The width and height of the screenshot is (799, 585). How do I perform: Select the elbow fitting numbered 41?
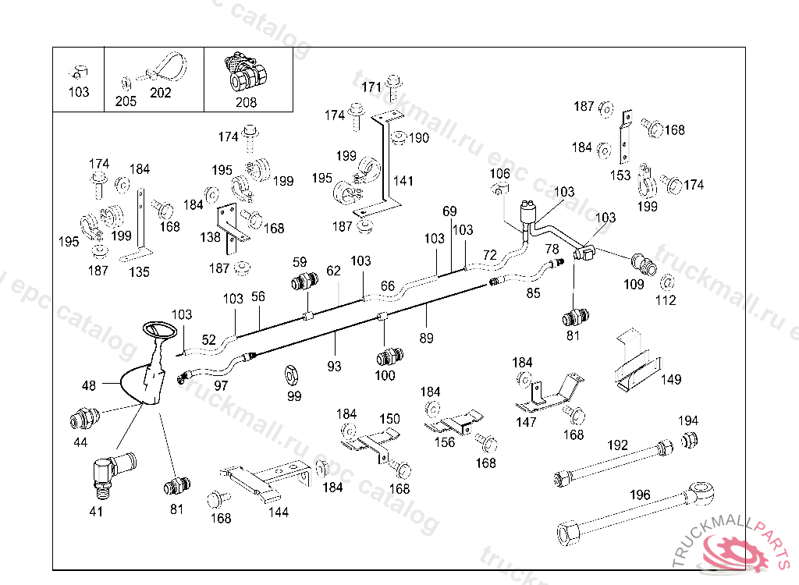click(x=103, y=472)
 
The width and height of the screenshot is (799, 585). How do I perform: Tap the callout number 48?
click(x=89, y=385)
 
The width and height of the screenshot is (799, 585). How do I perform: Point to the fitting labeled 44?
click(x=81, y=419)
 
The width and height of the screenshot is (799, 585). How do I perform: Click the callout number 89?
click(x=426, y=338)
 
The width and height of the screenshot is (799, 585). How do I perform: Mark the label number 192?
click(x=617, y=445)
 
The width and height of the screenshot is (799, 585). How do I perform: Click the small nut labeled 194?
click(x=689, y=440)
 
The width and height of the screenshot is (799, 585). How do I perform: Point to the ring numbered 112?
click(x=667, y=282)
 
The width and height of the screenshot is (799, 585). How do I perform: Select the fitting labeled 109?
click(x=643, y=263)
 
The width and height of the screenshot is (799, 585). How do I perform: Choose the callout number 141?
click(x=403, y=181)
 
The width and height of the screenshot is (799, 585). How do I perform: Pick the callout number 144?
click(x=279, y=512)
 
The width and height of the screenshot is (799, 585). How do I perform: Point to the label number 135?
click(x=139, y=272)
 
